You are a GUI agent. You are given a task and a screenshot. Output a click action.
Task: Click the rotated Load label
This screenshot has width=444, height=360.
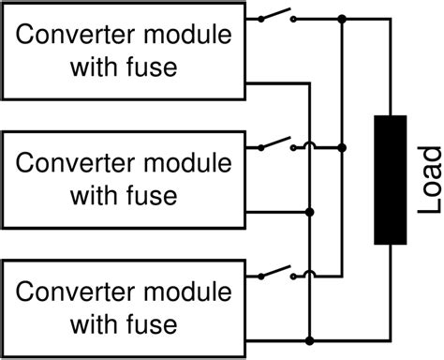(x=428, y=181)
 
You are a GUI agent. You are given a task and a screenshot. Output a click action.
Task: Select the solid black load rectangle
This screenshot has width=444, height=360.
(x=390, y=180)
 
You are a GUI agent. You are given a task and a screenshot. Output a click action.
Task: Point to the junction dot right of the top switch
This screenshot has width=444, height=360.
(x=343, y=18)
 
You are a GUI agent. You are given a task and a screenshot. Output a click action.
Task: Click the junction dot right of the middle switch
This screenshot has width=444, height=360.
(x=343, y=147)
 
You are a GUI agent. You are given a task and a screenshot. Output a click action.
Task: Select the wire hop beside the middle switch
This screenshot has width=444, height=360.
(x=308, y=146)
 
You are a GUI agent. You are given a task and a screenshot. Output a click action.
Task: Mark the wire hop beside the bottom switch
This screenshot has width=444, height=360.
(x=308, y=276)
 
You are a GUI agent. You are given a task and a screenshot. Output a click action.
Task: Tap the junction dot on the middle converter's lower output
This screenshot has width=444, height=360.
(x=308, y=213)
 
